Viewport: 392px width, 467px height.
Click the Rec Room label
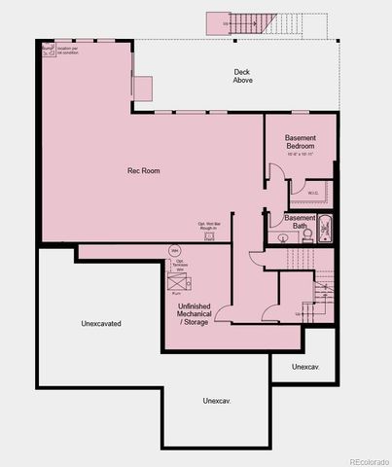pos(143,170)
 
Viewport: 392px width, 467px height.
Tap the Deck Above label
pos(243,76)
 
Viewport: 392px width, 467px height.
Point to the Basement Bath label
pos(301,221)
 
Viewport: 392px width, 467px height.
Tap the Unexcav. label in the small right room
pos(306,367)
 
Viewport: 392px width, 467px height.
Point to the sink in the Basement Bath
pos(282,236)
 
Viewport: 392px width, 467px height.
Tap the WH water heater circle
pos(176,251)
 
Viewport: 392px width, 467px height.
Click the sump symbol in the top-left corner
pos(46,48)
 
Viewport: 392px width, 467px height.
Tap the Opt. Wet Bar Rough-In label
pos(209,226)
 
